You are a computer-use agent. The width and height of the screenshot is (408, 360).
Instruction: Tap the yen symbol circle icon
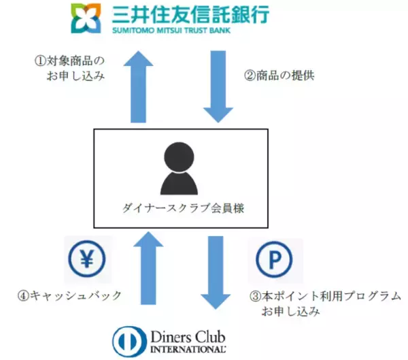[x=88, y=259]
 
